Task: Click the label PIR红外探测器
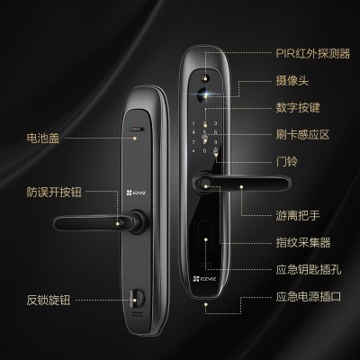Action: point(313,54)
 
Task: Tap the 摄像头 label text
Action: point(292,80)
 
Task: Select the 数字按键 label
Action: point(298,108)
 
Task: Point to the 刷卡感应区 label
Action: point(302,135)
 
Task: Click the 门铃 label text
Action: point(287,162)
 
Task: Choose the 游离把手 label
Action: point(298,215)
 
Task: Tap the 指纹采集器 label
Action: point(303,242)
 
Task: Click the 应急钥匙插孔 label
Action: point(309,269)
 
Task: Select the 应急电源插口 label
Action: point(309,297)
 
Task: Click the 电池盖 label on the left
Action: point(43,139)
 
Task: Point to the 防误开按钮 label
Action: point(54,192)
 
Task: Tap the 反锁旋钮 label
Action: point(49,300)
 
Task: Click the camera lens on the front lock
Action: point(203,94)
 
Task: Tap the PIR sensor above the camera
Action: point(205,77)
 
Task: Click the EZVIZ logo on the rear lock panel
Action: point(137,193)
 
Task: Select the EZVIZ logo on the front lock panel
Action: point(205,279)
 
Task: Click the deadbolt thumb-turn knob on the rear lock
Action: point(136,297)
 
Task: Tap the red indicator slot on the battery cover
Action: point(137,130)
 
